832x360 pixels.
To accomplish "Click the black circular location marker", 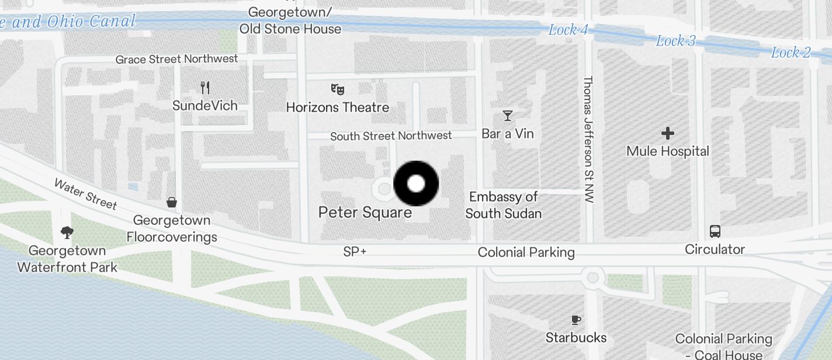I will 416,184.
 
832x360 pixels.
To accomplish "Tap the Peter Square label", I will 365,212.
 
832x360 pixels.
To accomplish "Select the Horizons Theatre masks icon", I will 337,89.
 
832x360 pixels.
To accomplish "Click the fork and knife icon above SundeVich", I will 204,88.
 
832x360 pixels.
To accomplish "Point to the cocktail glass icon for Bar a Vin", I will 508,115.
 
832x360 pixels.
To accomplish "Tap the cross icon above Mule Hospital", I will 667,134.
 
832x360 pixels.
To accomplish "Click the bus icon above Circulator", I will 715,231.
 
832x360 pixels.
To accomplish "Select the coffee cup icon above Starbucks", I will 576,320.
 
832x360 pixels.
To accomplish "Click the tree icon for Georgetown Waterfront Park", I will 67,233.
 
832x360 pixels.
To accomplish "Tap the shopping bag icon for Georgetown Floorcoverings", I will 172,203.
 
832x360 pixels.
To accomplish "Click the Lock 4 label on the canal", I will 568,30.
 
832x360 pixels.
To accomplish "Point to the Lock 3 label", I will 675,41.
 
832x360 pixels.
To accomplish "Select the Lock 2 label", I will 791,53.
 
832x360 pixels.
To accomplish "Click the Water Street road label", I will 85,193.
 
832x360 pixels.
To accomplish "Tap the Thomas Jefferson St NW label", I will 588,139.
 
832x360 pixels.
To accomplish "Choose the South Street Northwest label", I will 391,136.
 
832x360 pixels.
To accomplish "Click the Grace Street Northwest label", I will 176,59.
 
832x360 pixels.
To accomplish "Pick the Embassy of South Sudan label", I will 503,205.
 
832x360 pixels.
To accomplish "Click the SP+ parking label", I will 355,252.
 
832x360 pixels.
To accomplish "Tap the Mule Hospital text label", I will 667,151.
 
